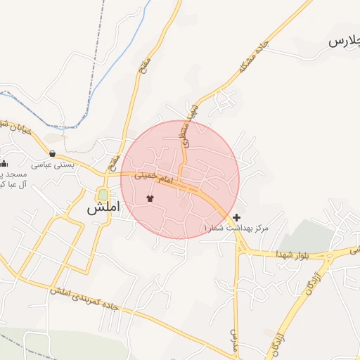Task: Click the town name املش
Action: point(103,209)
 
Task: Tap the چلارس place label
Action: point(344,41)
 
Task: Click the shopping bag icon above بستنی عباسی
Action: point(53,153)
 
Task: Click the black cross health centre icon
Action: point(237,217)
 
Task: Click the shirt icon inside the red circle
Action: point(150,198)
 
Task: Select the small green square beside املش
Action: point(103,194)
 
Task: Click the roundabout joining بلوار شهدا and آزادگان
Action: point(329,255)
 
